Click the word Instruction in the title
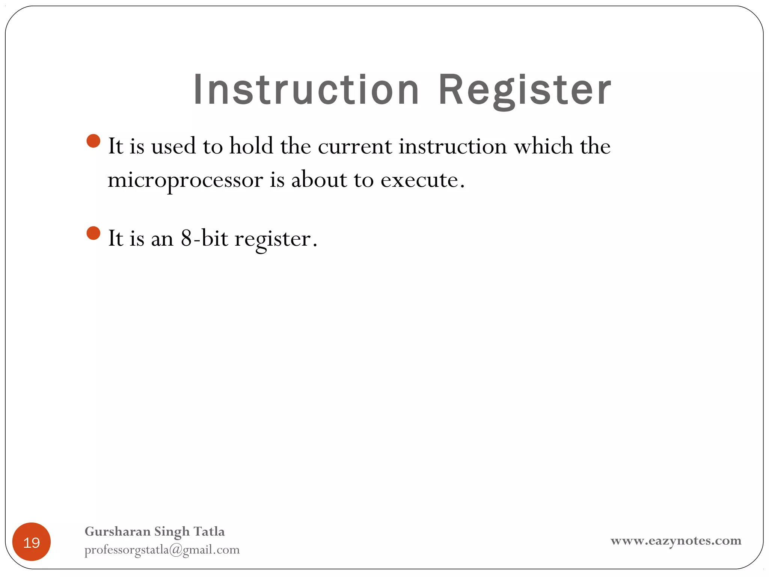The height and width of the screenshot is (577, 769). pos(306,90)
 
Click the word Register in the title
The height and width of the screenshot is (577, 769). pos(525,90)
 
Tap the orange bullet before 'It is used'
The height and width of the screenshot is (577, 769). pos(93,141)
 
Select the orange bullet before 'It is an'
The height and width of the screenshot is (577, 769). pos(93,233)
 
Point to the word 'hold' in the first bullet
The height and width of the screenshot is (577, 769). pos(251,146)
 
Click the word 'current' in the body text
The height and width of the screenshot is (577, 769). pos(355,147)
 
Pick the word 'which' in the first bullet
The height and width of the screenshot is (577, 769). pos(543,146)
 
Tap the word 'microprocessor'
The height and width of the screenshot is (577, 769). pos(185,180)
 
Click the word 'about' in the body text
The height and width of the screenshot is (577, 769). pos(319,180)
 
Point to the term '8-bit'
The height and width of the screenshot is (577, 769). pos(204,238)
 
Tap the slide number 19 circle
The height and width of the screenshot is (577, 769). pos(32,542)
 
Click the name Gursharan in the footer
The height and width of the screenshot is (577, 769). pos(118,531)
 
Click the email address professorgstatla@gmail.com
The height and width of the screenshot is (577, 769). pos(162,550)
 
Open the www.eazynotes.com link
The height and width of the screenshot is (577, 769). pos(676,541)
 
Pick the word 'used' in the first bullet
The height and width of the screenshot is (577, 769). pos(173,146)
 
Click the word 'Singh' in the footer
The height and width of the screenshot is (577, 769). pos(172,532)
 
